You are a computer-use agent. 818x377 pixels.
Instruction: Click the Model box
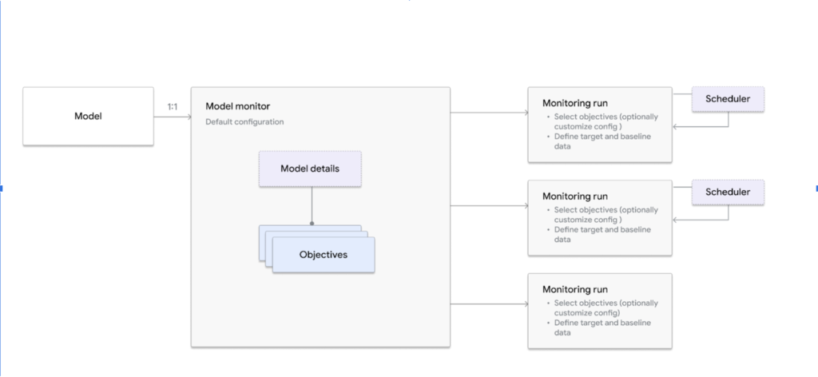coord(88,117)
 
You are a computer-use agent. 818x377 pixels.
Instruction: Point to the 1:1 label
coord(172,105)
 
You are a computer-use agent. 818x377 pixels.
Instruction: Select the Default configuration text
coord(244,122)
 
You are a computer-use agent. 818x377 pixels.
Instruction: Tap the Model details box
coord(310,169)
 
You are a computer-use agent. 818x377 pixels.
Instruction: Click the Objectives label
coord(323,255)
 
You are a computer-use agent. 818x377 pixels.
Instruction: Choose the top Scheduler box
coord(727,99)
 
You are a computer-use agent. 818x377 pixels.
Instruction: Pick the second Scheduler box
coord(727,192)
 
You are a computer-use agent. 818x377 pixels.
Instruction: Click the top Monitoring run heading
coord(574,104)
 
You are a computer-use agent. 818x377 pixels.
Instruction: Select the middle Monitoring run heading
coord(574,196)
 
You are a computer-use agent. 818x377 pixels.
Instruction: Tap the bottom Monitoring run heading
coord(574,289)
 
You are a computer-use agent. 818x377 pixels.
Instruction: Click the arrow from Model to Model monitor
coord(172,117)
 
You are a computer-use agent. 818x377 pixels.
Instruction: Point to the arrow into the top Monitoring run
coord(489,113)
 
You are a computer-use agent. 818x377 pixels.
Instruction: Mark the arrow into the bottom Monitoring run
coord(489,304)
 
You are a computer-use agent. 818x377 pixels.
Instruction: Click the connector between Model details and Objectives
coord(311,205)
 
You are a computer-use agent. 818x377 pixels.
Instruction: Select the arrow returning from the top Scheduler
coord(700,126)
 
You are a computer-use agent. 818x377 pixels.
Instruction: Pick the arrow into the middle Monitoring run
coord(489,206)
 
